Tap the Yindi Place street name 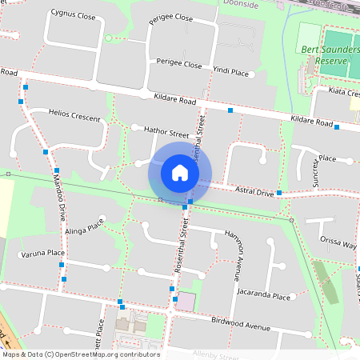tap(230, 71)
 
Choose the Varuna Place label tap(43, 253)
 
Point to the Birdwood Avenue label tap(240, 325)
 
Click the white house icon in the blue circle tap(180, 172)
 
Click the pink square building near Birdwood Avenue tap(186, 302)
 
